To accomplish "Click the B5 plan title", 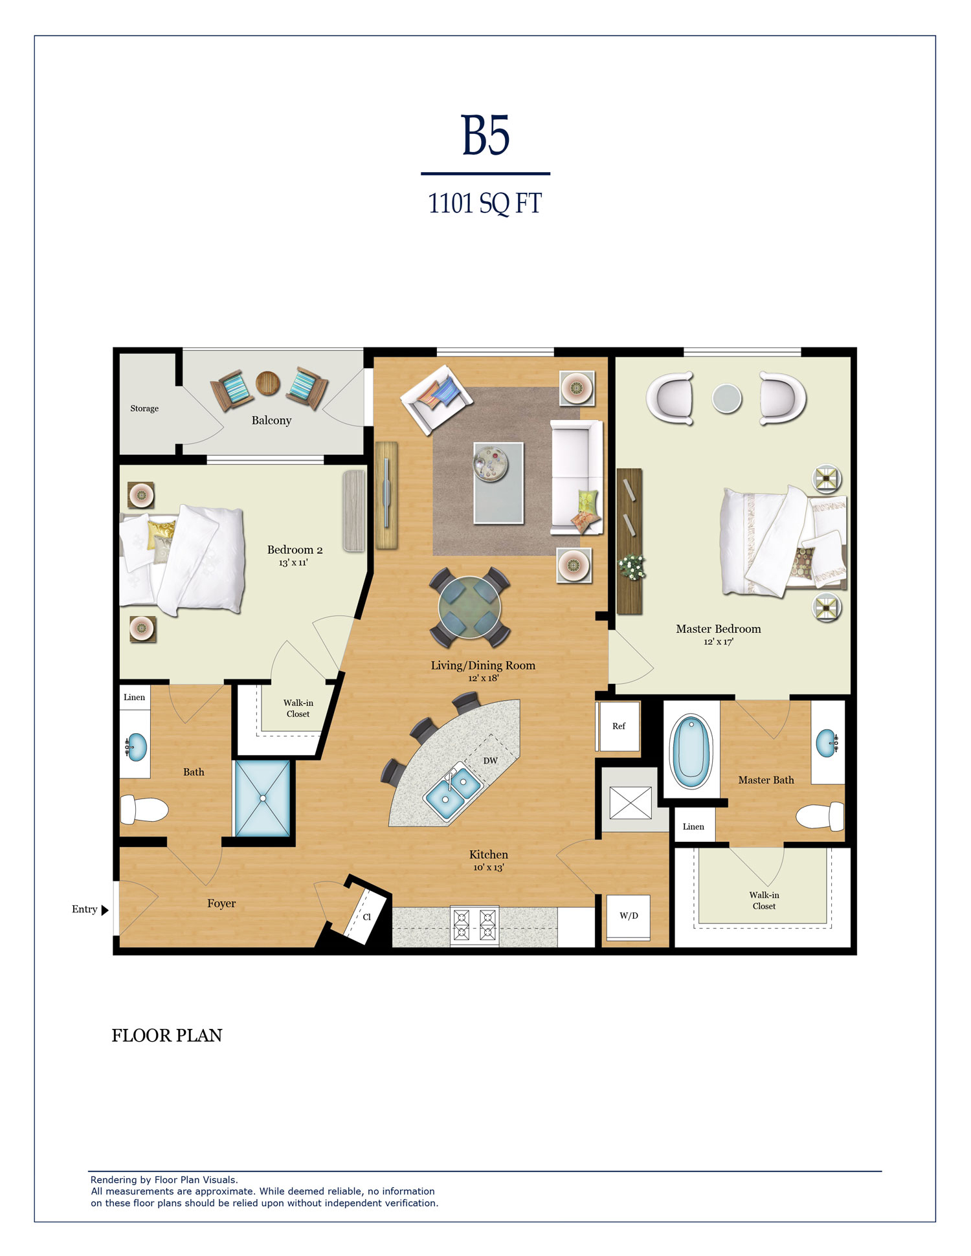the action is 485,135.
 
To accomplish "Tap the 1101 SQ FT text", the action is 485,203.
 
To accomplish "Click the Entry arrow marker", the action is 105,910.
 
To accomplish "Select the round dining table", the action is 469,607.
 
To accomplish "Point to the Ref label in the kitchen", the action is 619,726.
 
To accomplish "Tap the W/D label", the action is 629,916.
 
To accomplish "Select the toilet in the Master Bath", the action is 820,817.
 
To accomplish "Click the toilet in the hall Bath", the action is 144,809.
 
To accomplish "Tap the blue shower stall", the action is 262,799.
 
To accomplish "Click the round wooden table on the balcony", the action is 268,383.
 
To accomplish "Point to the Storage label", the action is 144,408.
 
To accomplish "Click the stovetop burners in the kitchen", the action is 474,925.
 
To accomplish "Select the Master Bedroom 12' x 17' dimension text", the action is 719,642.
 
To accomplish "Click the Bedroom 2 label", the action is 295,549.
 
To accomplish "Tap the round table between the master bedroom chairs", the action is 727,399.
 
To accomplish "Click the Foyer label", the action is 221,903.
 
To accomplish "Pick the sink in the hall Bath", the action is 136,747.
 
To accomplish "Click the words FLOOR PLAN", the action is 167,1035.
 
